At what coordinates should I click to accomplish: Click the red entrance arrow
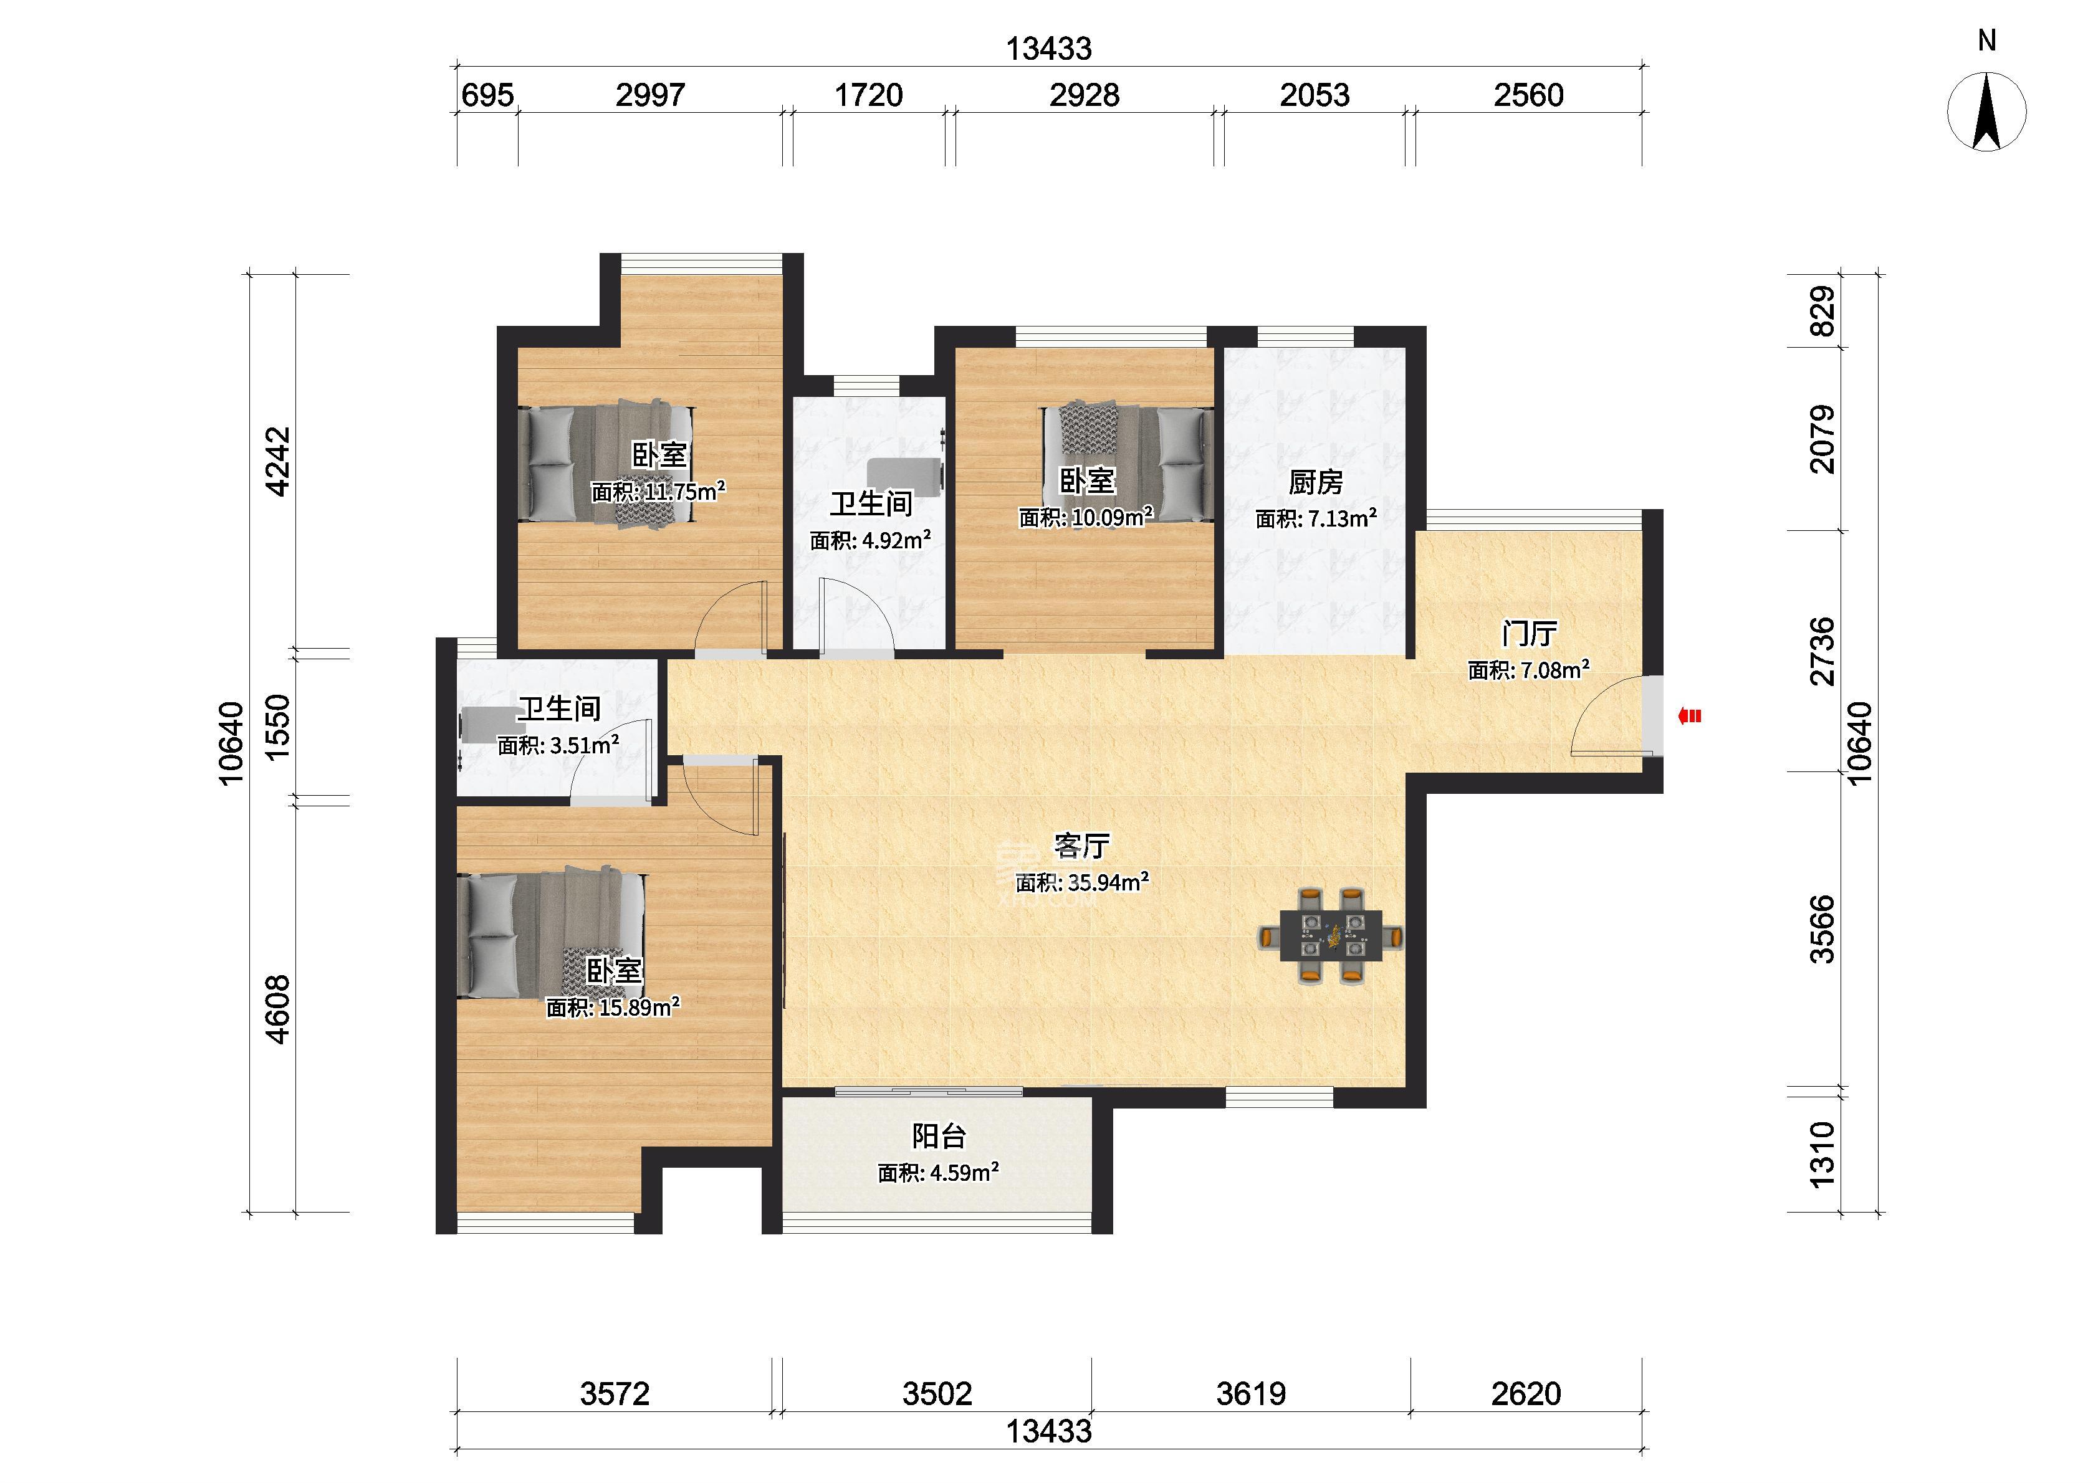[x=1689, y=717]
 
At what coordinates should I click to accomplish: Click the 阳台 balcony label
[x=939, y=1137]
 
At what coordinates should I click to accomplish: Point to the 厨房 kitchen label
[x=1316, y=481]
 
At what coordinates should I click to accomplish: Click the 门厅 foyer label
[x=1530, y=633]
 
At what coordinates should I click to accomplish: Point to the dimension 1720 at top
[x=868, y=95]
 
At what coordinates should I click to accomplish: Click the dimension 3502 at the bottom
[x=937, y=1393]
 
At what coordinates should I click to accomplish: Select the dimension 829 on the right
[x=1822, y=312]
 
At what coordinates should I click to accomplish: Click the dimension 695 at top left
[x=487, y=95]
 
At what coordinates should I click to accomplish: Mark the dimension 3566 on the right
[x=1822, y=930]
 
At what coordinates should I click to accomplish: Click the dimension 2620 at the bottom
[x=1526, y=1393]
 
